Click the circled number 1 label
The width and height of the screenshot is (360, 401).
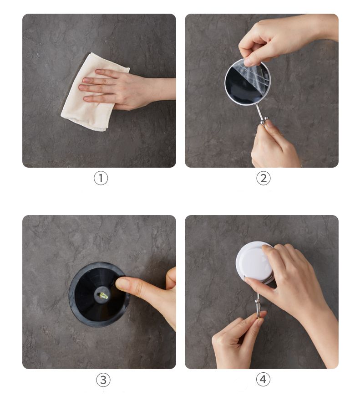101,178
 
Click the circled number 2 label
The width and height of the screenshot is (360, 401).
263,178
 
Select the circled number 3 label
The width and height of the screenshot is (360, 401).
103,380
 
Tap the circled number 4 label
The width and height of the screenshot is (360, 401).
263,379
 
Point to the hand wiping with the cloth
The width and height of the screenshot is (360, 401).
128,88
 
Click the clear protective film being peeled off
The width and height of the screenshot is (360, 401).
255,74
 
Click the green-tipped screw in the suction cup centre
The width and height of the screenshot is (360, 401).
103,296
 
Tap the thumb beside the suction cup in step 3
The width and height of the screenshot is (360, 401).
171,278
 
